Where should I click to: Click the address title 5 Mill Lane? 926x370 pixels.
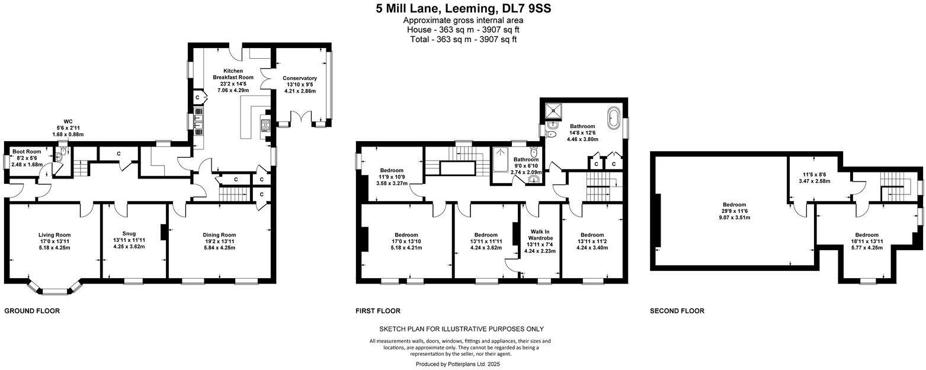[463, 8]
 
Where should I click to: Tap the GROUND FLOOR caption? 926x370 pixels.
[32, 311]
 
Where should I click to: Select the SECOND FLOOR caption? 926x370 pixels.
[677, 311]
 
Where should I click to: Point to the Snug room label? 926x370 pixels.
[129, 233]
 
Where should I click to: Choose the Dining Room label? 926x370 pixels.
[219, 235]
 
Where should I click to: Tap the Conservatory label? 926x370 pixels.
[299, 78]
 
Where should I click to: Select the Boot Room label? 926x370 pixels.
[27, 152]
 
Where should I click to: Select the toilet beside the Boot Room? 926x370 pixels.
[61, 156]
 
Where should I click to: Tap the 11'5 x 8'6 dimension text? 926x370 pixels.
[814, 175]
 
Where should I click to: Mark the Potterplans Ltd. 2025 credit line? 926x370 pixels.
[458, 364]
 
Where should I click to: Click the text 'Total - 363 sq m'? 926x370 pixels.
[463, 39]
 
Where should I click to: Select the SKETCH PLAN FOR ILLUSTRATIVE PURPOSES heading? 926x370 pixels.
[461, 329]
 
